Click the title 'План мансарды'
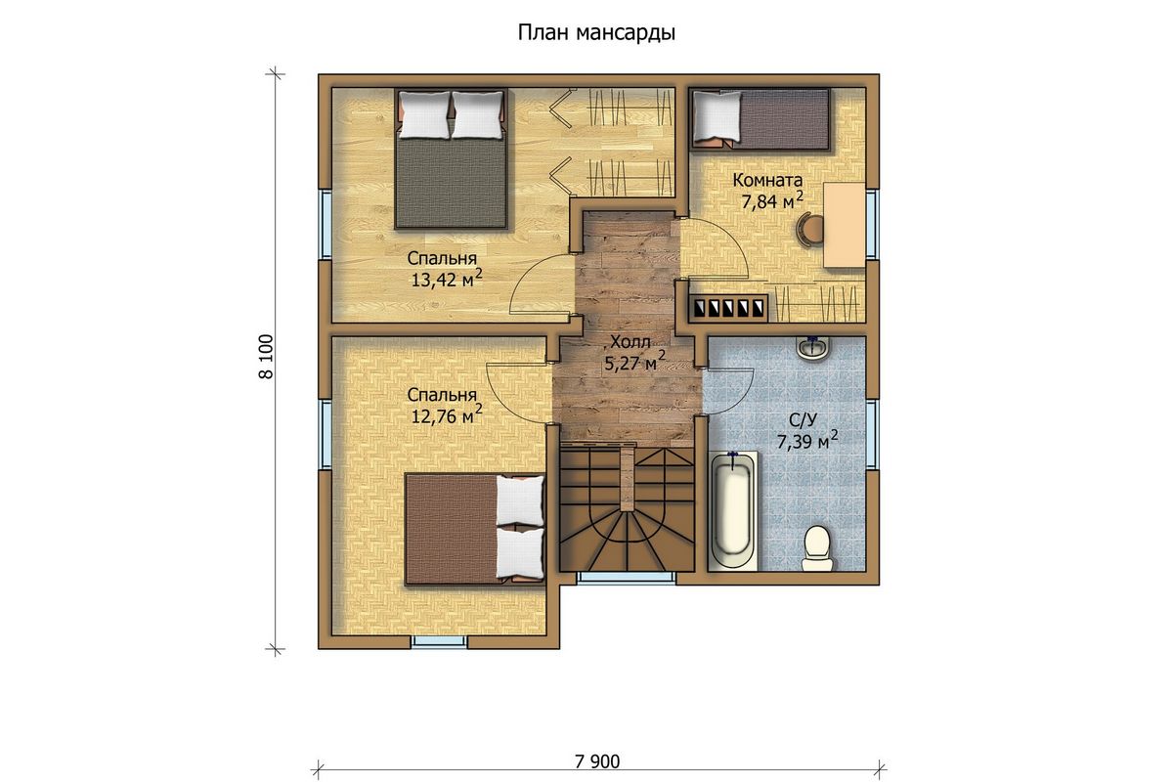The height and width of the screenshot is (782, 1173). [x=596, y=33]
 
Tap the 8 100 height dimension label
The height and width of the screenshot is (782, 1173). [x=266, y=357]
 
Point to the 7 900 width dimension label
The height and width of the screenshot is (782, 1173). [x=597, y=761]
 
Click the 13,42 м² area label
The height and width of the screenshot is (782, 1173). [x=446, y=279]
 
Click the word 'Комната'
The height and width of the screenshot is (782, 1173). [x=767, y=180]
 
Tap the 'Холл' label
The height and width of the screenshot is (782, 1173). [x=630, y=342]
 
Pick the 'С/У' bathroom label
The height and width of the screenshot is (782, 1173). [x=803, y=420]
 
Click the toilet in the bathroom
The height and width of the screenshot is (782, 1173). [x=817, y=547]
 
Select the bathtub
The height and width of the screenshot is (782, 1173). [x=733, y=510]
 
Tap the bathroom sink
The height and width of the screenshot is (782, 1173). [x=812, y=347]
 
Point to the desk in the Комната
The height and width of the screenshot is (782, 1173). [x=845, y=225]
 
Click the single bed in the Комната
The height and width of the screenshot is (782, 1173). [x=760, y=119]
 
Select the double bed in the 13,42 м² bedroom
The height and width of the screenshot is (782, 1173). [x=451, y=158]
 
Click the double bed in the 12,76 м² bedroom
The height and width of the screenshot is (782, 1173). [x=475, y=529]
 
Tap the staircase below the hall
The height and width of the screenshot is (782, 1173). [x=627, y=507]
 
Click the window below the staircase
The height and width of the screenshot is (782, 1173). [x=627, y=578]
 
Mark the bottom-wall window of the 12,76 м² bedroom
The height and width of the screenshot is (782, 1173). [x=439, y=641]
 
